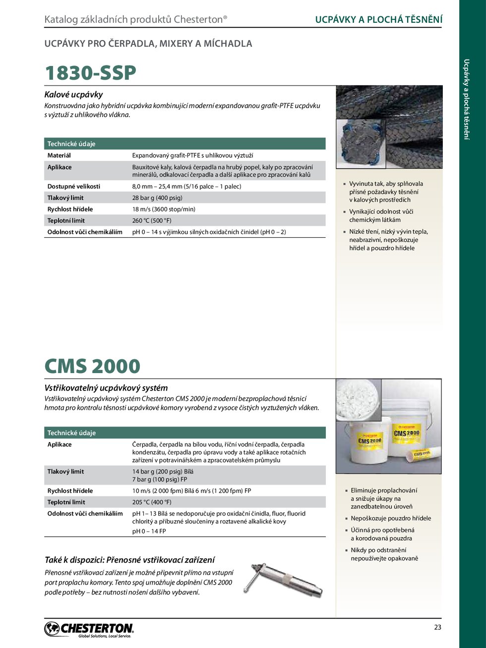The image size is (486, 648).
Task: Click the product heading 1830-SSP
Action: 90,73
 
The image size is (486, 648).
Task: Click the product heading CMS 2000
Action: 92,366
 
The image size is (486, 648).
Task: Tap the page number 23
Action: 437,627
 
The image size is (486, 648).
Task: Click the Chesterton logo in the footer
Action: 89,629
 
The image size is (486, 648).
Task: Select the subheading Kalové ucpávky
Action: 73,94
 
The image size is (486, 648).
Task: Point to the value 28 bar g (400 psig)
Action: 157,197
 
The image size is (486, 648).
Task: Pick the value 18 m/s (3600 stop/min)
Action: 164,209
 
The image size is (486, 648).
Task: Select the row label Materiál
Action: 59,155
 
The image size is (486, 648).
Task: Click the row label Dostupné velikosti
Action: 74,186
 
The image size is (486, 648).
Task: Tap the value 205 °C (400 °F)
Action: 152,502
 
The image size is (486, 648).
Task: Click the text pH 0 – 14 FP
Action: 149,531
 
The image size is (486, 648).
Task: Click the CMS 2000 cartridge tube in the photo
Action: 423,453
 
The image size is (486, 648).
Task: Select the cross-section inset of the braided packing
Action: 361,143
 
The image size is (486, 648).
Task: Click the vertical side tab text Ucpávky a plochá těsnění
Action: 466,99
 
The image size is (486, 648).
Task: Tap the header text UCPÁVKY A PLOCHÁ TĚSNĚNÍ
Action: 379,19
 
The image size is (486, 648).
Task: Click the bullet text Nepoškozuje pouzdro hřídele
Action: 391,518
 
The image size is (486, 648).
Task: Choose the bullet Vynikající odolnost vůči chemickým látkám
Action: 381,215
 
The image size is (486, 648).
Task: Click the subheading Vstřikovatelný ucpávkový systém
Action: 106,388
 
